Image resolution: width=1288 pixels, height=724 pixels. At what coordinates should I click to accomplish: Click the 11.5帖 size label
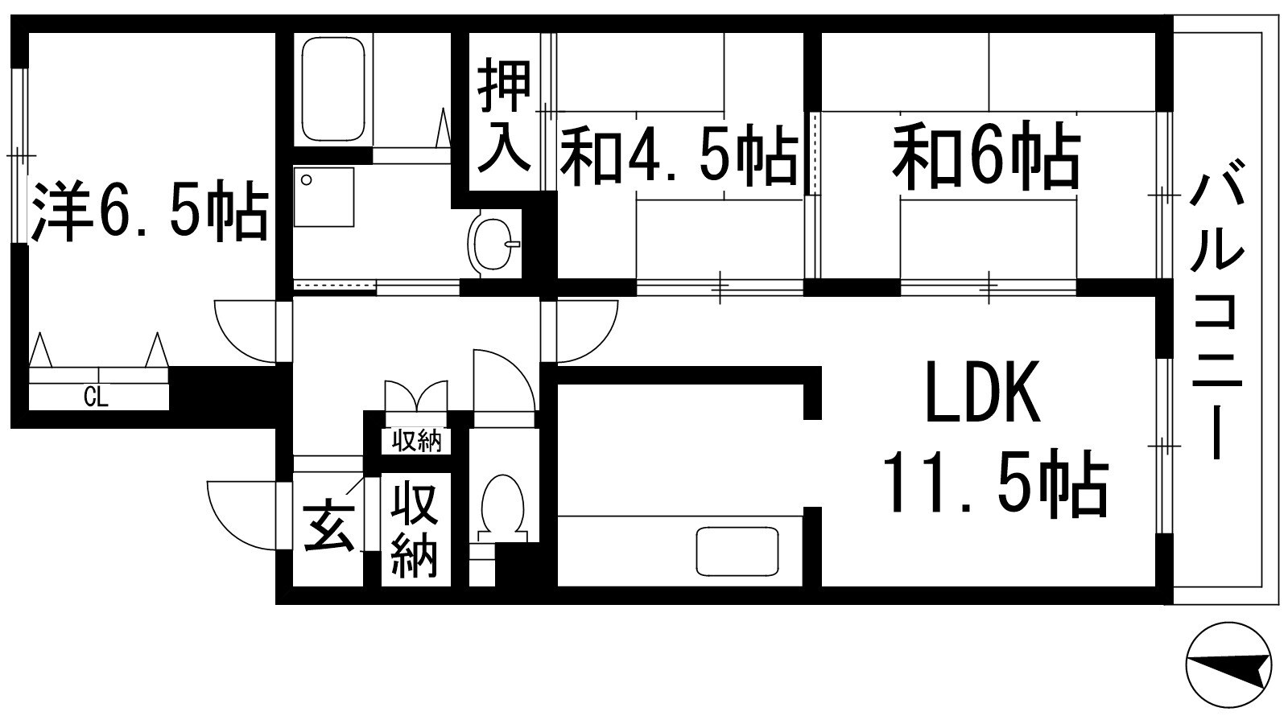click(x=995, y=485)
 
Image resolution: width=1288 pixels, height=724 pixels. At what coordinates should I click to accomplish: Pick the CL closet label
click(x=96, y=397)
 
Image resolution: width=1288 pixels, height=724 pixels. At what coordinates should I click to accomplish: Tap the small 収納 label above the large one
click(x=416, y=441)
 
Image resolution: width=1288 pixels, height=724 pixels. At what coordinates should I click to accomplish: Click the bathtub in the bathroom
click(x=333, y=90)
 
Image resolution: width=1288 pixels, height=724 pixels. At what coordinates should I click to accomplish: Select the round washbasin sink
click(x=493, y=244)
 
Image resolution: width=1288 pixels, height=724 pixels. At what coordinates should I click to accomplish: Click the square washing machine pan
click(x=324, y=197)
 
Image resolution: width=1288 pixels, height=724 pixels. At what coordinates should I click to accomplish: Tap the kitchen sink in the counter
click(x=738, y=551)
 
